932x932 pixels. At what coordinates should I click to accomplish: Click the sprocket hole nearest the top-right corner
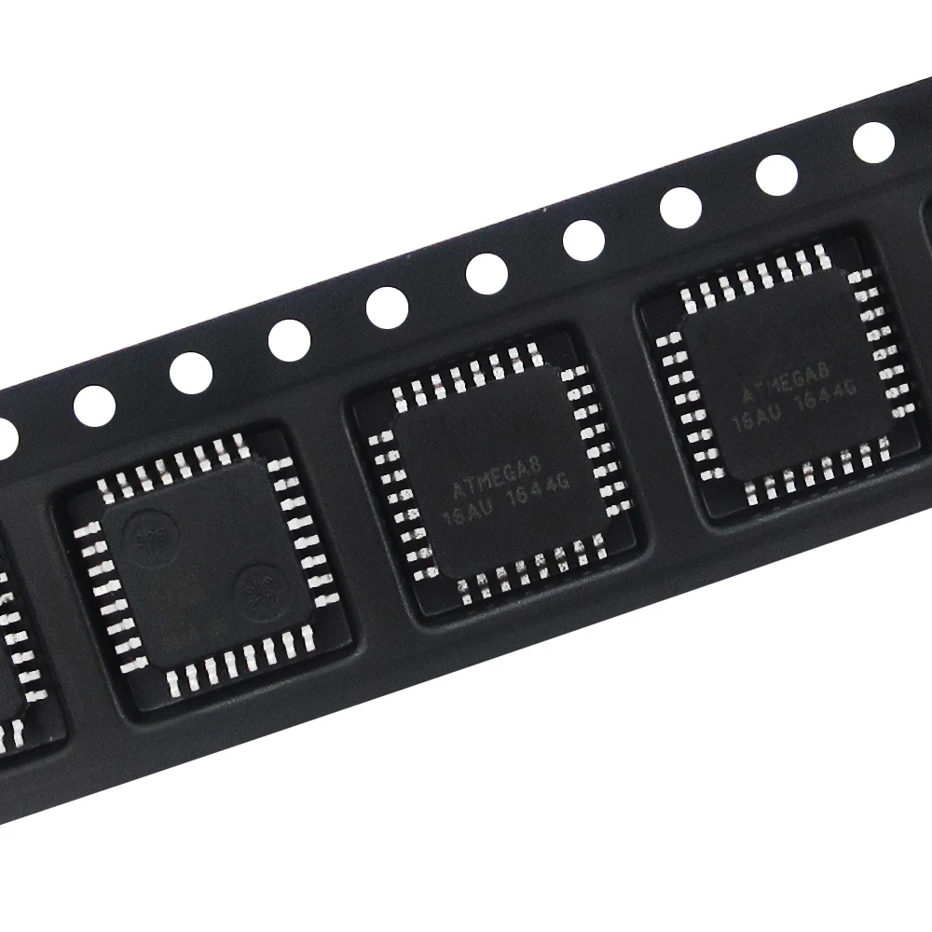point(873,142)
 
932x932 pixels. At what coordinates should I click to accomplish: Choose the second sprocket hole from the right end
point(776,175)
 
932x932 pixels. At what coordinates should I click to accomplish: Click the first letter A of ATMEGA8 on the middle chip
point(456,489)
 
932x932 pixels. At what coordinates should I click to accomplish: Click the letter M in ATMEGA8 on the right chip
point(775,387)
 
